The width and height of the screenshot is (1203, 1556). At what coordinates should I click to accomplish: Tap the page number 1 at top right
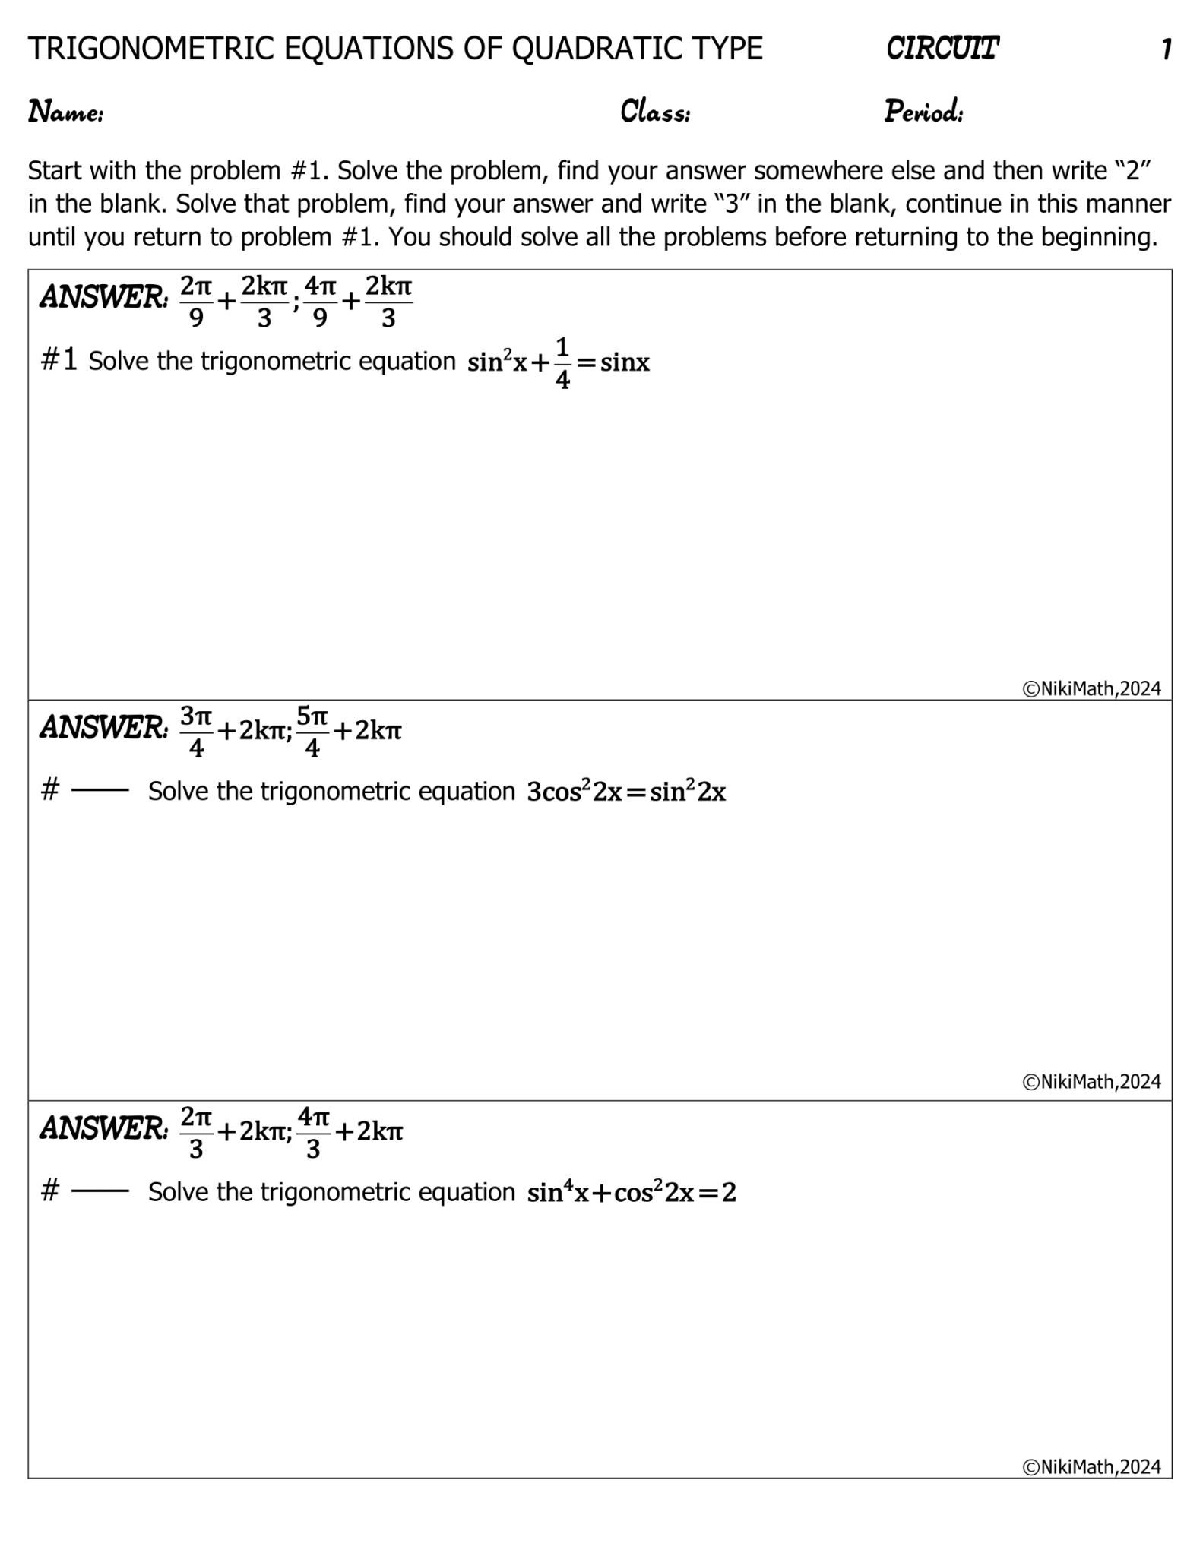pos(1166,50)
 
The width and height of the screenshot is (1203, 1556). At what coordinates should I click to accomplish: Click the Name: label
pos(66,112)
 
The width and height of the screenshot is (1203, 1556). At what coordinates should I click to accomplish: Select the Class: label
pos(655,112)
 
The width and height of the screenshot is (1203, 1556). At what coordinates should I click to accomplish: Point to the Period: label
pos(923,112)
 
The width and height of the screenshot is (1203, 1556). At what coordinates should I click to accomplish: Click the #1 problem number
pos(59,360)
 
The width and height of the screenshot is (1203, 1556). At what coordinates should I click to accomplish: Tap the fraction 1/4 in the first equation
pos(562,363)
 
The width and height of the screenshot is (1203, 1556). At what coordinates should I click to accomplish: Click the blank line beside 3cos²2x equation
pos(100,791)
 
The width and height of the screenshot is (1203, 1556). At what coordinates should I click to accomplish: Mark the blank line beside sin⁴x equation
pos(100,1191)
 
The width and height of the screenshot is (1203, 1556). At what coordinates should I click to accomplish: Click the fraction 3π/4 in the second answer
pos(196,731)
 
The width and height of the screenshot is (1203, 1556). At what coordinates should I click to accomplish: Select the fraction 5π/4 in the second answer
pos(312,731)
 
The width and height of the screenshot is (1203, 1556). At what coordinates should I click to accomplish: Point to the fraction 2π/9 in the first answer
pos(196,302)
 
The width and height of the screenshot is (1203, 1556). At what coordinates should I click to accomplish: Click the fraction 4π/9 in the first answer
pos(320,302)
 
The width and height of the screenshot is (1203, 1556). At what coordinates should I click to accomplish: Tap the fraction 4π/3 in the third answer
pos(313,1132)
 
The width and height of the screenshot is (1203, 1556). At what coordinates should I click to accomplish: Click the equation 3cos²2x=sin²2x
pos(626,792)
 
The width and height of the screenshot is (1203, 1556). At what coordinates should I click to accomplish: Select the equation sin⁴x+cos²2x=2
pos(631,1192)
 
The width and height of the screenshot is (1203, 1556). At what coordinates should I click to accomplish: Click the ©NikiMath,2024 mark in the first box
pos(1091,688)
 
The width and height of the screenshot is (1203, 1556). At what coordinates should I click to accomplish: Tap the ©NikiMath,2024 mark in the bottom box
pos(1091,1466)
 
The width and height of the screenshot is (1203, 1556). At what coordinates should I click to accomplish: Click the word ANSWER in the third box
pos(103,1128)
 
